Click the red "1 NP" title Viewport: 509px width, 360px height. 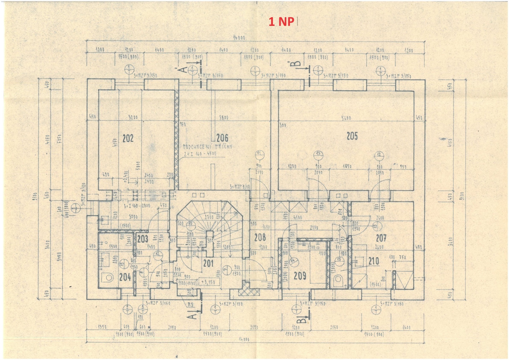[281, 22]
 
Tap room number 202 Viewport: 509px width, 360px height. [128, 138]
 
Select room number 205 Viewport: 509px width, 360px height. [352, 136]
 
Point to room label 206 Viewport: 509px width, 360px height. [222, 138]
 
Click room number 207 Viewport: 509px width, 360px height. [381, 238]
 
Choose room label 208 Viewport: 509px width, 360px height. [260, 237]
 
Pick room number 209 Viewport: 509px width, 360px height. [300, 276]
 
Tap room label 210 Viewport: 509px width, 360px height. [374, 261]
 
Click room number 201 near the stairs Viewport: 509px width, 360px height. [208, 263]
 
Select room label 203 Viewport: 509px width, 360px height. [142, 239]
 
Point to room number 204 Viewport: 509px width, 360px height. [125, 277]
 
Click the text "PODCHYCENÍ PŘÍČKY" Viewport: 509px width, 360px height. [207, 147]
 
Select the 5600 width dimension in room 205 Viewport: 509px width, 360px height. [346, 118]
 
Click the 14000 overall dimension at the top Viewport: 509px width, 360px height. [239, 38]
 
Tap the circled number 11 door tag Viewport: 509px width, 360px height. [259, 154]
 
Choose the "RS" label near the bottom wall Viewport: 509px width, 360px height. [190, 305]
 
